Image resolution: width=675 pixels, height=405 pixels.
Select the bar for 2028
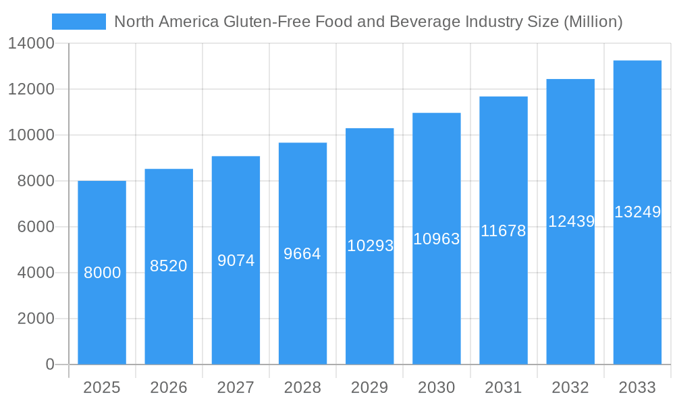302,304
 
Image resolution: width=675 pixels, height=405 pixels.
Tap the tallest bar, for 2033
637,283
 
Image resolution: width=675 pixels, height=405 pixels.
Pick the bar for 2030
436,304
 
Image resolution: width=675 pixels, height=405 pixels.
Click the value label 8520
169,266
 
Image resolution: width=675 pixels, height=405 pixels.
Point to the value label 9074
236,261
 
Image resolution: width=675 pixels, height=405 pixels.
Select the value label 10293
370,246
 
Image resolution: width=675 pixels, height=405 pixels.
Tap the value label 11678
503,231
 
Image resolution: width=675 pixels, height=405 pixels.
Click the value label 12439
571,221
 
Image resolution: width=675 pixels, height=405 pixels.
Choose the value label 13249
637,212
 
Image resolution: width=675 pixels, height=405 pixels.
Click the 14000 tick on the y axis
31,44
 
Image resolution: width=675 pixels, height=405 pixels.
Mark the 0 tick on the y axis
50,364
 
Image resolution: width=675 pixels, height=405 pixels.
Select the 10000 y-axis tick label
31,136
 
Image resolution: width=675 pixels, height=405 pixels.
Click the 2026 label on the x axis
169,387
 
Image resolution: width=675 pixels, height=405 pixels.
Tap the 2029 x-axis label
370,387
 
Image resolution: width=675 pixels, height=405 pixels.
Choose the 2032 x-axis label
570,387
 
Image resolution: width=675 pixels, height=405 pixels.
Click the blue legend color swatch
79,22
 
